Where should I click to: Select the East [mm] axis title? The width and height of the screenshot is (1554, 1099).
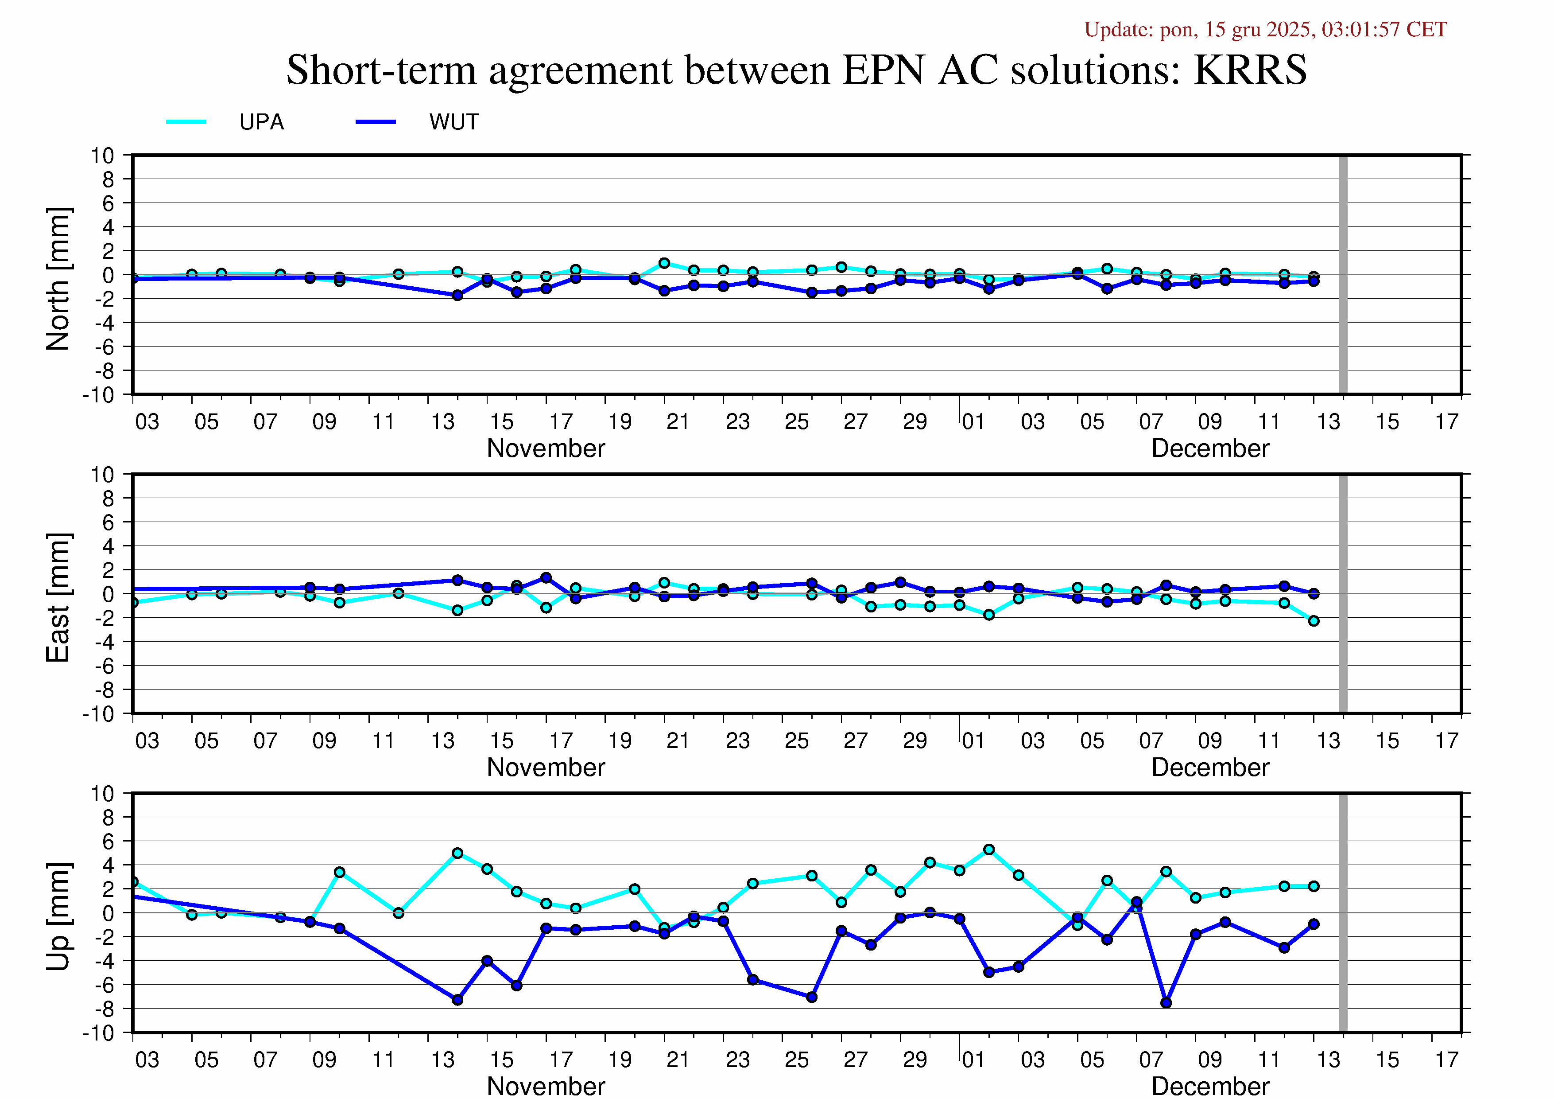(x=58, y=597)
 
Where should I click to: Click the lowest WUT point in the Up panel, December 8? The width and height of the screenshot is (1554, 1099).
(x=1166, y=1003)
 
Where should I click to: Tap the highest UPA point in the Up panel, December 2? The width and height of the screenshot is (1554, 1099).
(x=989, y=849)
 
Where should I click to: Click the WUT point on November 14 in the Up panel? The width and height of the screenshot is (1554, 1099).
(x=457, y=999)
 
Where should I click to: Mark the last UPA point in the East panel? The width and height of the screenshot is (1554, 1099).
(x=1314, y=621)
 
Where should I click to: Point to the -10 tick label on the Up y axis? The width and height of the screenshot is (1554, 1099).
(x=99, y=1033)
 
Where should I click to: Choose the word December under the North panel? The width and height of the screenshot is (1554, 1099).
(x=1210, y=448)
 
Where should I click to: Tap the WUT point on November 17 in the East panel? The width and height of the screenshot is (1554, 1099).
(x=546, y=577)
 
